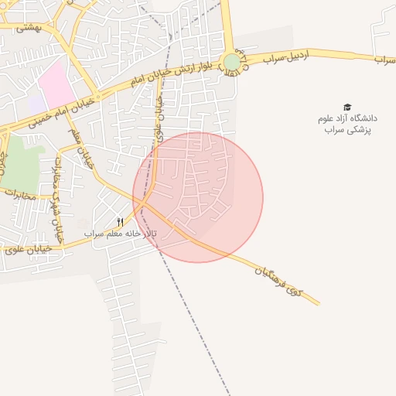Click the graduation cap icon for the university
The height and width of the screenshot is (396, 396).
(x=346, y=108)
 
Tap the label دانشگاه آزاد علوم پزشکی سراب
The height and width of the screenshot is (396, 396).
(x=346, y=125)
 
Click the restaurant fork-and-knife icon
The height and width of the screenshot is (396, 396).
(x=120, y=222)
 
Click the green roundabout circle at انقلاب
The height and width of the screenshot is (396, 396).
(x=232, y=62)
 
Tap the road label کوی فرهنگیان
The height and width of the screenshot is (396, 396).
(x=279, y=280)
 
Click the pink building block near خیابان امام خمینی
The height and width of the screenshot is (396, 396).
(x=57, y=85)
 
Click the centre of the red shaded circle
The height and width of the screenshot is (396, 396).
(x=198, y=197)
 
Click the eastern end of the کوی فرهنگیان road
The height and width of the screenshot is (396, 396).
(x=318, y=303)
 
